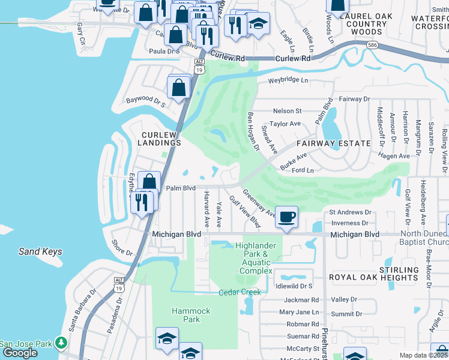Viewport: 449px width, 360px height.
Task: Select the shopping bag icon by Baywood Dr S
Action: click(x=179, y=88)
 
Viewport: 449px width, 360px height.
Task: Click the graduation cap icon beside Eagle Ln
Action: click(x=258, y=25)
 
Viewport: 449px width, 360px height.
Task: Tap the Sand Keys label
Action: click(x=40, y=252)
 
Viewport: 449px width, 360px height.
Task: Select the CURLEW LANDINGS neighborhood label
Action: click(x=161, y=139)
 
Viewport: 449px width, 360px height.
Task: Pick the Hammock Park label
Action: click(x=191, y=315)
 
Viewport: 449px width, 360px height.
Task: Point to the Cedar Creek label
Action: click(x=240, y=292)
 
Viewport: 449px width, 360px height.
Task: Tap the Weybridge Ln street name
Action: click(x=288, y=80)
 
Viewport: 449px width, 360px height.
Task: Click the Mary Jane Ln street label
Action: click(x=299, y=312)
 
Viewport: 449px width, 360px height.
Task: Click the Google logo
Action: click(x=20, y=353)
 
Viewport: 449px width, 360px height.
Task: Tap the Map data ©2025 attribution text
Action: click(x=423, y=355)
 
